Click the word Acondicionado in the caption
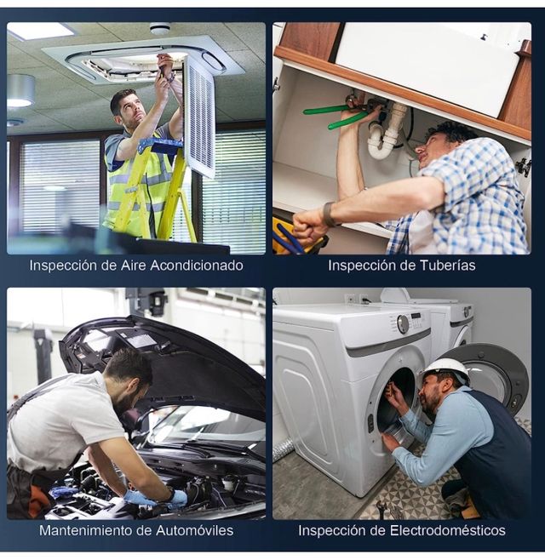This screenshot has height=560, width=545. (197, 266)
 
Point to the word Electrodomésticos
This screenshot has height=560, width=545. (447, 530)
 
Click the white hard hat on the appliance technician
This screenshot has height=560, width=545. (445, 370)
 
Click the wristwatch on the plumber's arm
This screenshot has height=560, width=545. (329, 214)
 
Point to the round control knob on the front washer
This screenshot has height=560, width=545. (403, 324)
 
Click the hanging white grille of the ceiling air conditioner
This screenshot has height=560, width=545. (200, 117)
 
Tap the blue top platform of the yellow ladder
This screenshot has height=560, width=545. (161, 146)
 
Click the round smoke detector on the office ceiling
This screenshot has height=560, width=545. (160, 28)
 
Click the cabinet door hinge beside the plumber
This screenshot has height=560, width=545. (524, 166)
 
